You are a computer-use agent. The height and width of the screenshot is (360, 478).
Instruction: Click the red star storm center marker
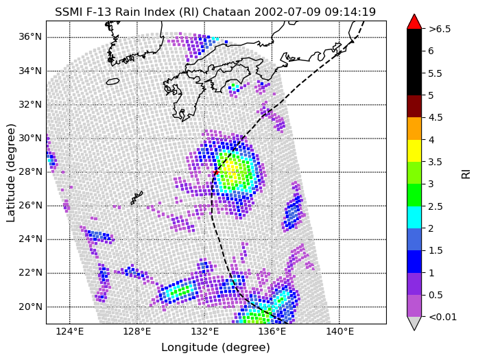pos(216,172)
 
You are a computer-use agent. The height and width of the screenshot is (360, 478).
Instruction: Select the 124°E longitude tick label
pos(70,331)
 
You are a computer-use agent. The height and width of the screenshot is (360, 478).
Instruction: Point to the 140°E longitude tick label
pos(339,331)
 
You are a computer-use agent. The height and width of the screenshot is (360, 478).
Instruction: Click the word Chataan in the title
pos(226,12)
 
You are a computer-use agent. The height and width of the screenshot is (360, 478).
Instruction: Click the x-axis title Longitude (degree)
pos(215,348)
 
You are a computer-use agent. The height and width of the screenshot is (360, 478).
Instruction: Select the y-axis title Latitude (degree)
pos(10,173)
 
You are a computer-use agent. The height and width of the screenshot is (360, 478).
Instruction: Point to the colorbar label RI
pos(466,174)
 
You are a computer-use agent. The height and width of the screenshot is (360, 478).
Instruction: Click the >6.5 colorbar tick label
pos(440,29)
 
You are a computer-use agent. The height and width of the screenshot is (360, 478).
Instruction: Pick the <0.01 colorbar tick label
pos(442,317)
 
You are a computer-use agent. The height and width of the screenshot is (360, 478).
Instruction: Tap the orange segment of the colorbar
pos(414,129)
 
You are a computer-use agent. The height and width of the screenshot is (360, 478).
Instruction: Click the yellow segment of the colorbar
pos(414,151)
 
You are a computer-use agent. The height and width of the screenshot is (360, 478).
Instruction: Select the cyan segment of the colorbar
pos(414,217)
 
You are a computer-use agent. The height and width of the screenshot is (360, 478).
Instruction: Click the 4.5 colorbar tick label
pos(435,118)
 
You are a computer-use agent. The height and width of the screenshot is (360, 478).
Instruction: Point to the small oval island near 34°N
pos(112,82)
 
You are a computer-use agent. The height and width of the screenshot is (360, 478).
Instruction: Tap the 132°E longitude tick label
pos(204,331)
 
